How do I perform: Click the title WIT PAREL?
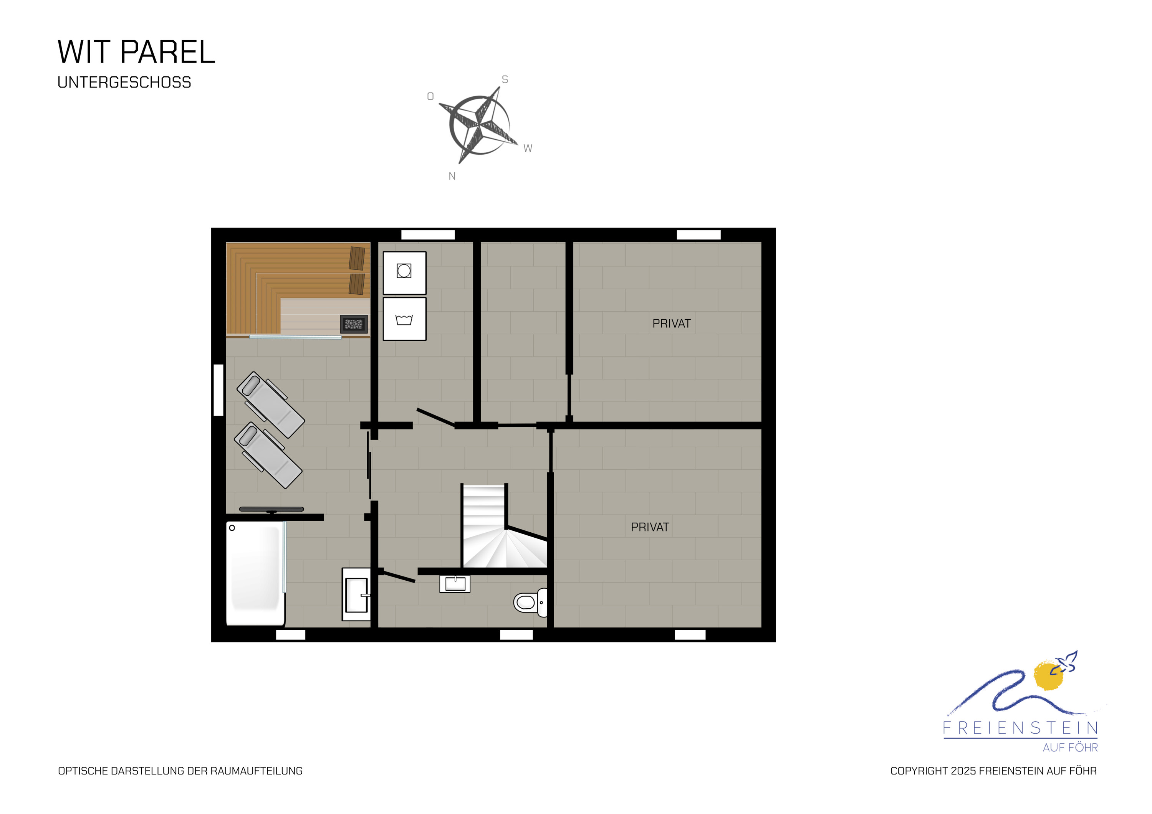click(136, 52)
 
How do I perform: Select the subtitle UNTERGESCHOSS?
click(124, 82)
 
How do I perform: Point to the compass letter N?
click(452, 176)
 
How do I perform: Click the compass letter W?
click(528, 149)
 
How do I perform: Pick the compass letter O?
click(430, 96)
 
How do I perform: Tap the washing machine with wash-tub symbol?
click(404, 319)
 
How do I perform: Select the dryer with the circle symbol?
click(404, 273)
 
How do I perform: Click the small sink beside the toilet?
click(455, 584)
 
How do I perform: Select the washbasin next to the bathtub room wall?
click(356, 594)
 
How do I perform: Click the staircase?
click(502, 527)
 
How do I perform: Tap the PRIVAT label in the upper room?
click(671, 324)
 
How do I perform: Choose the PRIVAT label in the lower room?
click(650, 527)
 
